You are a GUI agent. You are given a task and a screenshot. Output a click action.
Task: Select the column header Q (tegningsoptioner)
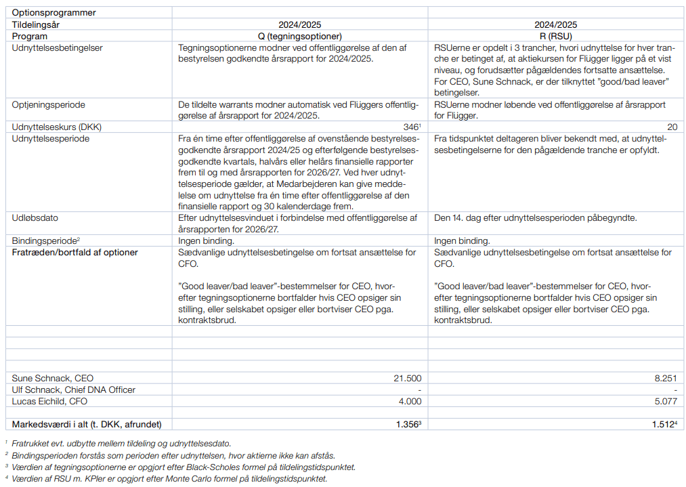[x=299, y=36]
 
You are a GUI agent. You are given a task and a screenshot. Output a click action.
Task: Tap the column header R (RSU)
[x=555, y=36]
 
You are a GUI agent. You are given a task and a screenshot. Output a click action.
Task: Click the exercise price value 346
[x=411, y=127]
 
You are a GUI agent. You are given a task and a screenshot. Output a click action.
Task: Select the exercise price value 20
[x=672, y=127]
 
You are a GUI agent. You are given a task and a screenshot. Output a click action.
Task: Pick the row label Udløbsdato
[x=37, y=217]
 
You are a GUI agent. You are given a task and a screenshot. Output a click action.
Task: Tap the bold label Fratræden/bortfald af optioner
[x=75, y=252]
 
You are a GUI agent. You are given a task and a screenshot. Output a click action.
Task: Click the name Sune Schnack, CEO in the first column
[x=53, y=378]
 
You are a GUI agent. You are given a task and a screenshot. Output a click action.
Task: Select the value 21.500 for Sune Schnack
[x=408, y=378]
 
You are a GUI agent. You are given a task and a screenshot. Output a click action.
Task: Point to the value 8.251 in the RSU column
[x=665, y=378]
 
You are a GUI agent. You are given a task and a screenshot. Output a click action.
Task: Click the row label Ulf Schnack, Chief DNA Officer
[x=74, y=389]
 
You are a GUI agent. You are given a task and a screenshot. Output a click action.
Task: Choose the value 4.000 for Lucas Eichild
[x=410, y=401]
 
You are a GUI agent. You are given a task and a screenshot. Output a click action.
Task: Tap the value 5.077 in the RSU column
[x=665, y=401]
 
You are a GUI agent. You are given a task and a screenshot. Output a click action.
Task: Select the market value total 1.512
[x=662, y=425]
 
